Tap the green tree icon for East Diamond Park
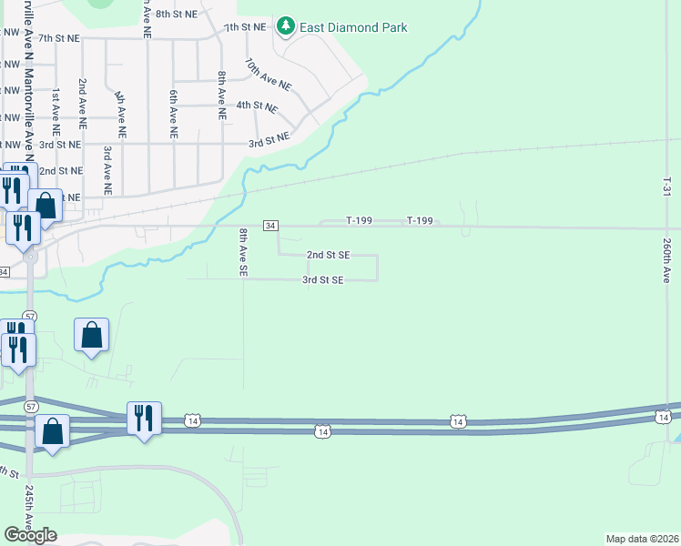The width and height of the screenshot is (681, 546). pyautogui.click(x=287, y=26)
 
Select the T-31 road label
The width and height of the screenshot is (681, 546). pyautogui.click(x=666, y=188)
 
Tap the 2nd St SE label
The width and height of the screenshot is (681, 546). pyautogui.click(x=328, y=256)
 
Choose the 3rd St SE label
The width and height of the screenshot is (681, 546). pyautogui.click(x=323, y=280)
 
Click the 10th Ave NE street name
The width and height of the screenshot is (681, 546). pyautogui.click(x=268, y=75)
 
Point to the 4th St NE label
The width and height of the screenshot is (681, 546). pyautogui.click(x=256, y=106)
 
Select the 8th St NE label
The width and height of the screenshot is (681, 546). pyautogui.click(x=177, y=15)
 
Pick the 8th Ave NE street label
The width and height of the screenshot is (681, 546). pyautogui.click(x=221, y=96)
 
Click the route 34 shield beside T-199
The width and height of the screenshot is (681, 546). pyautogui.click(x=270, y=225)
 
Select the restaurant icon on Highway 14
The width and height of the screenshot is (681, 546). pyautogui.click(x=144, y=419)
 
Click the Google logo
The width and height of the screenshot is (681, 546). pyautogui.click(x=30, y=535)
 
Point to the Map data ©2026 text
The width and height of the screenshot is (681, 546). pyautogui.click(x=643, y=539)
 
